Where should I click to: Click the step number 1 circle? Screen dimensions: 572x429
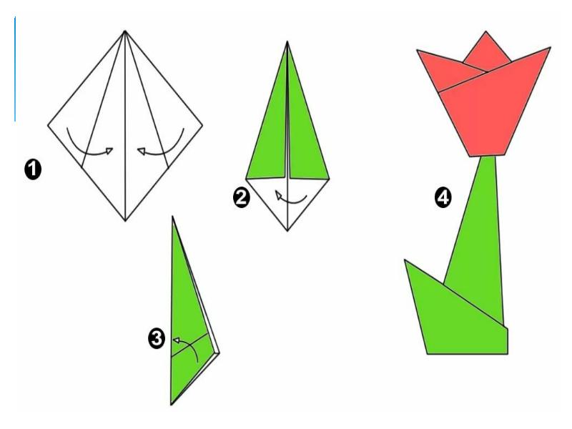pos(33,170)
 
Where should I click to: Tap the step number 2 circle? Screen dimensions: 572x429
pos(242,198)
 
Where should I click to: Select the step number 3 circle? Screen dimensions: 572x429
pos(157,339)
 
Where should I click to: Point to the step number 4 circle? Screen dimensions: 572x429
pos(443,198)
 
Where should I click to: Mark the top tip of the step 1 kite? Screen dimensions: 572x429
pos(124,31)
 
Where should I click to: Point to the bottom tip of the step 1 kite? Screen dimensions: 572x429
pos(125,221)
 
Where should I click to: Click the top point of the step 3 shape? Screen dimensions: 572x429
pos(172,217)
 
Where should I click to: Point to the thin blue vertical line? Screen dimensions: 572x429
pos(15,69)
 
